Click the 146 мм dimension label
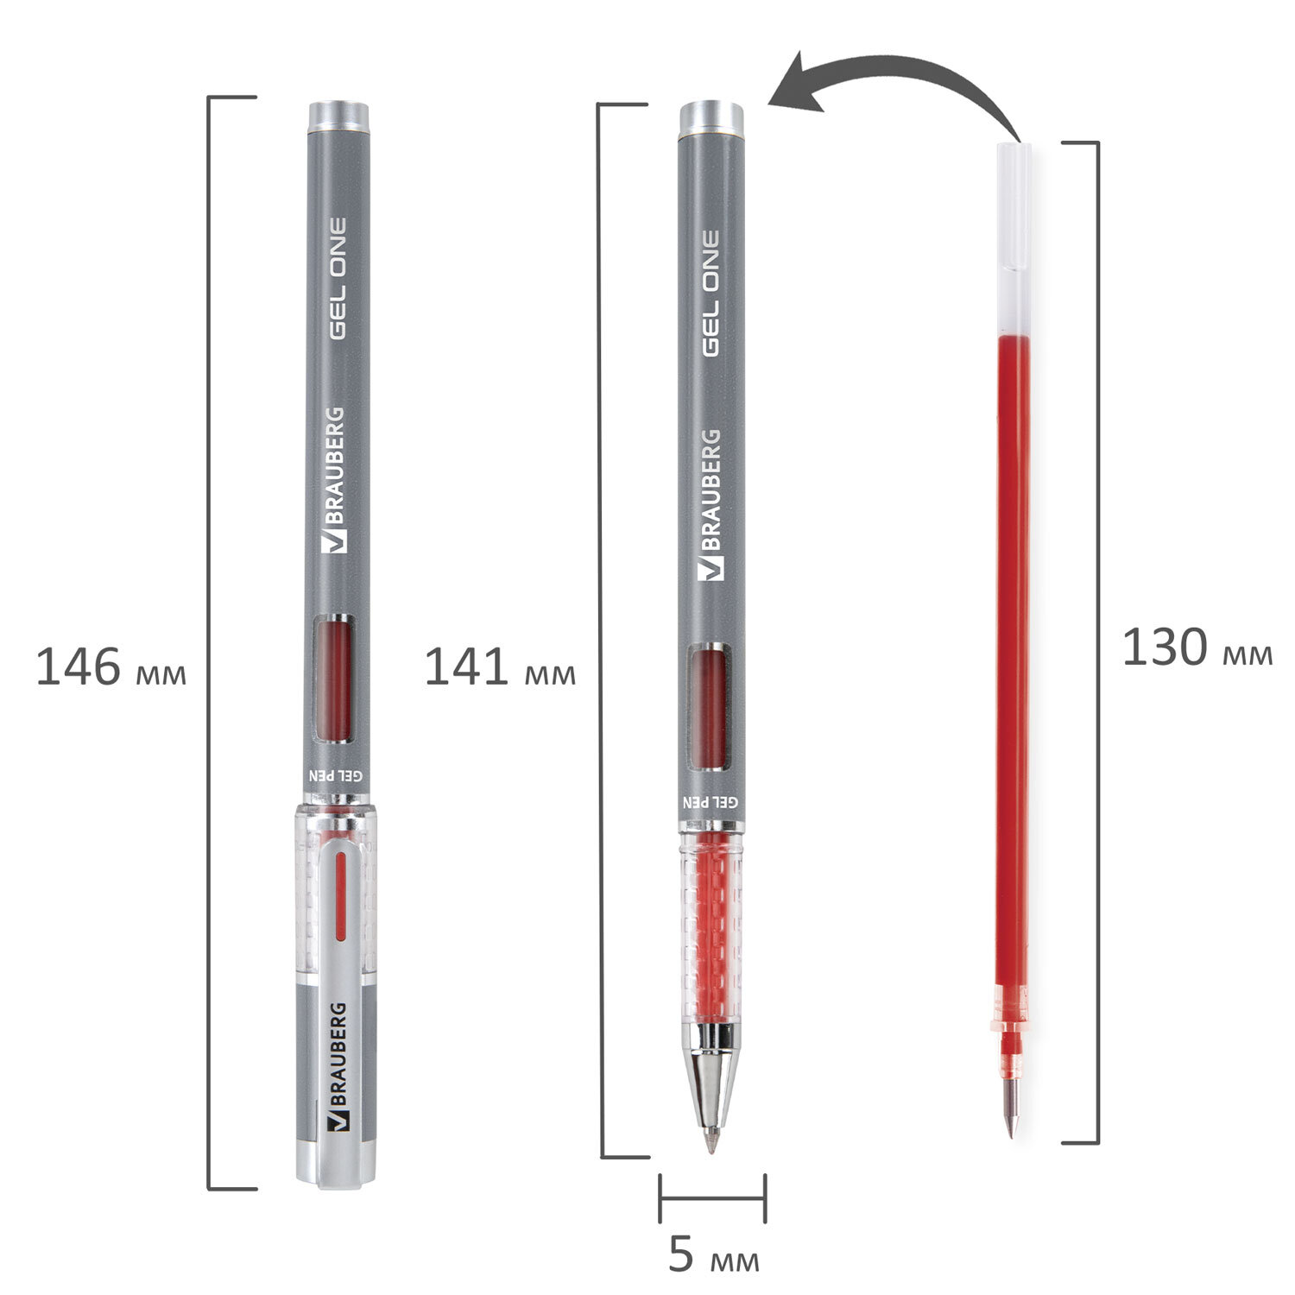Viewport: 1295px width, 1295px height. tap(111, 668)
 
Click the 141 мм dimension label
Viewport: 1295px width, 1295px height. tap(500, 668)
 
